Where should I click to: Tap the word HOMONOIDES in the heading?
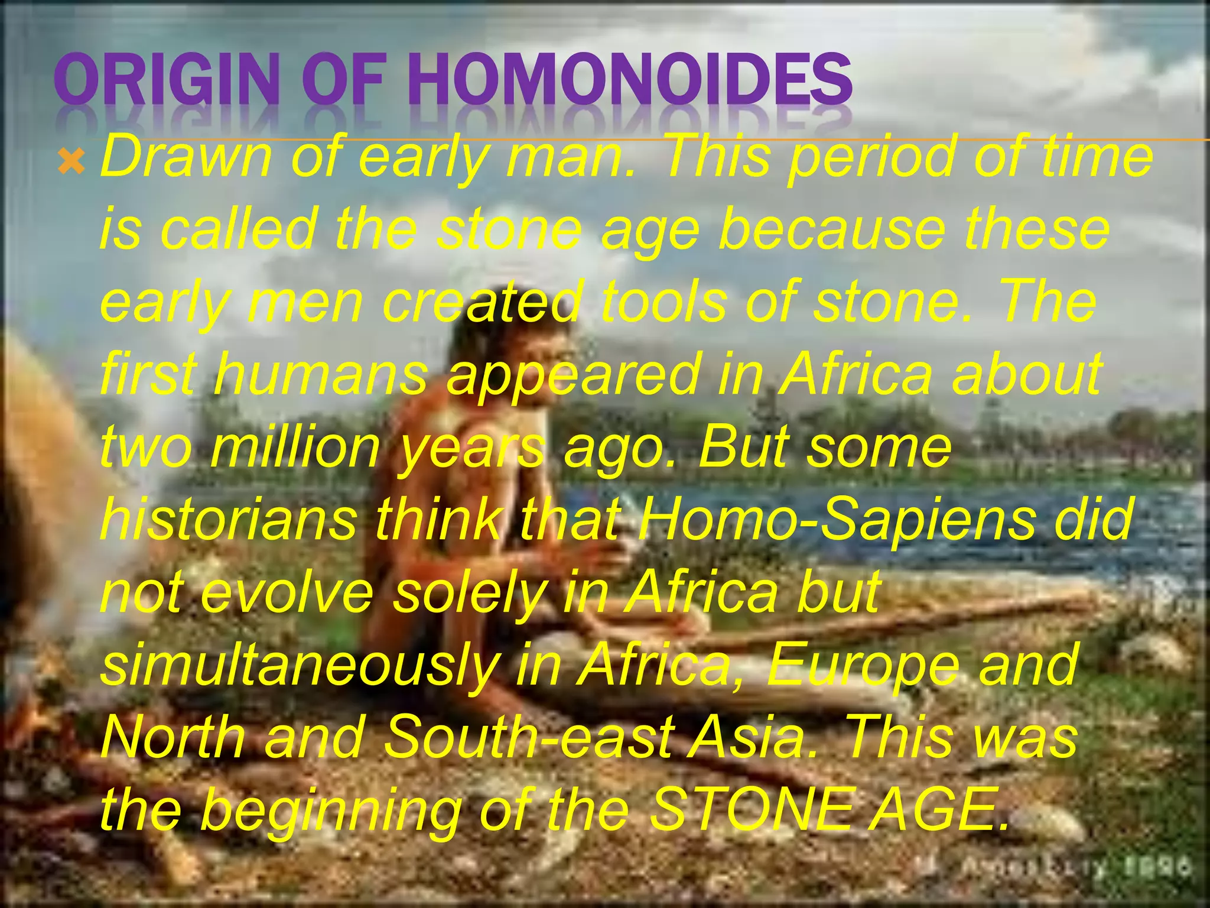click(628, 79)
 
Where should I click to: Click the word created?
click(481, 301)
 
